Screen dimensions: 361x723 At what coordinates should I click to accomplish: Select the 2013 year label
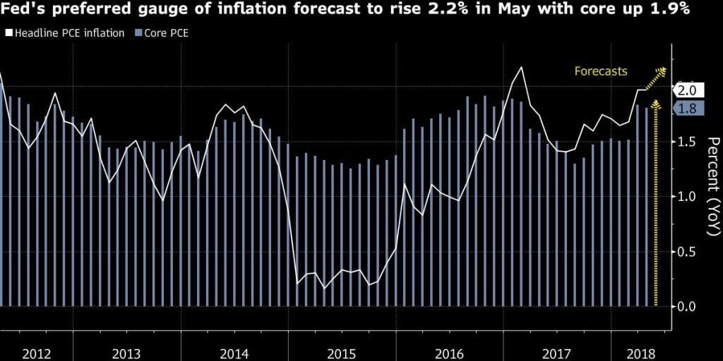tap(126, 352)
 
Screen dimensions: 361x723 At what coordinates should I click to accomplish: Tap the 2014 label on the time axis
tap(234, 352)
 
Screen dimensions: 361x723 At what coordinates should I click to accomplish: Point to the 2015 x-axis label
tap(342, 352)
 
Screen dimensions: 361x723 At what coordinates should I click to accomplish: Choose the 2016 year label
tap(449, 352)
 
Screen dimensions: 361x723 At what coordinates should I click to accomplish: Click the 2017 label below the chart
tap(558, 352)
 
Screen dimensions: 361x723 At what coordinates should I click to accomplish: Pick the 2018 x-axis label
tap(640, 352)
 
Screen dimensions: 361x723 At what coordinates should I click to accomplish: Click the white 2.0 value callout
tap(687, 90)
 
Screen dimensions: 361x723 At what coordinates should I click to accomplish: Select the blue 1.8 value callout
tap(687, 109)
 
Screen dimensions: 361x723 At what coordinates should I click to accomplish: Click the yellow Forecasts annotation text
tap(600, 71)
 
